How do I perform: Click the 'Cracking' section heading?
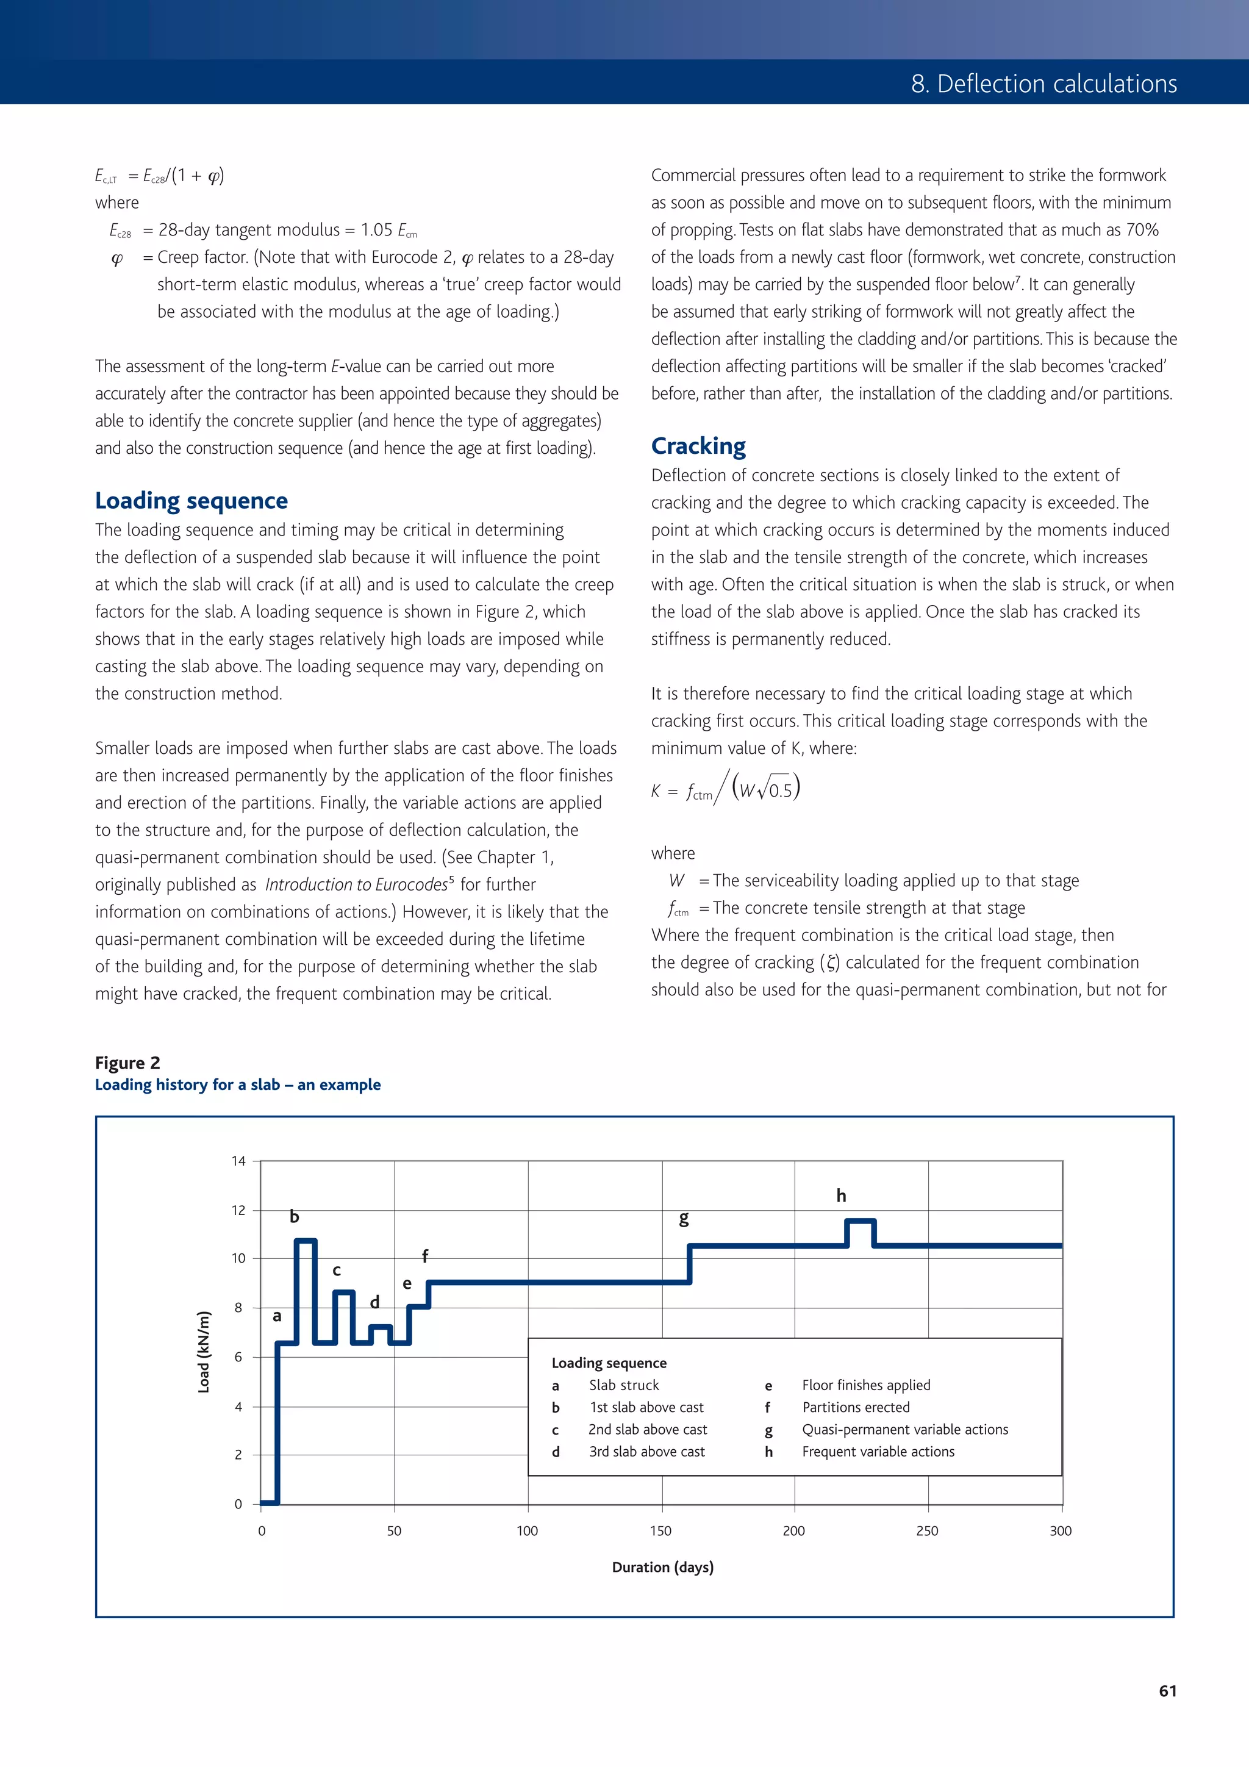pyautogui.click(x=698, y=446)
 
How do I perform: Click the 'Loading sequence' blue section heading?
pyautogui.click(x=191, y=500)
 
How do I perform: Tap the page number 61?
pyautogui.click(x=1167, y=1690)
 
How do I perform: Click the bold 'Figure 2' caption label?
pyautogui.click(x=127, y=1062)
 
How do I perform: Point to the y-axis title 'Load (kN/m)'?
pyautogui.click(x=204, y=1352)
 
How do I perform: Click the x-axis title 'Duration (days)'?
pyautogui.click(x=662, y=1566)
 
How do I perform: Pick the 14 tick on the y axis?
pyautogui.click(x=238, y=1161)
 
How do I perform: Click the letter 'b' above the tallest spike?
pyautogui.click(x=294, y=1216)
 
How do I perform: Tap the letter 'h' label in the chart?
pyautogui.click(x=841, y=1195)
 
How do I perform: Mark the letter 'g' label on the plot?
pyautogui.click(x=684, y=1218)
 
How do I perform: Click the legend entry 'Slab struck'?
pyautogui.click(x=624, y=1385)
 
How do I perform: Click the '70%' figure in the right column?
pyautogui.click(x=1142, y=229)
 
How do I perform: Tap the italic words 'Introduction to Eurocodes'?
pyautogui.click(x=356, y=884)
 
